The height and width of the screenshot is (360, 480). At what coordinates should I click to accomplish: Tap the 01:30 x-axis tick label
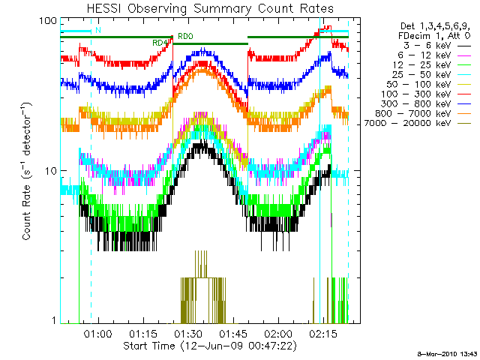click(x=189, y=334)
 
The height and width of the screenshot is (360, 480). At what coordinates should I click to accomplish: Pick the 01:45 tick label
click(x=234, y=334)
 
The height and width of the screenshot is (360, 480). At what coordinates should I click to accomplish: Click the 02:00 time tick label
click(x=279, y=334)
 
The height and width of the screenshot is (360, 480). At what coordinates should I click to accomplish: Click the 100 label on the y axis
click(x=49, y=20)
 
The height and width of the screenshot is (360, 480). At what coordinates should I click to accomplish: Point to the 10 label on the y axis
click(x=51, y=170)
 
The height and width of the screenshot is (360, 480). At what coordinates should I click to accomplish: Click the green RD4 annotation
click(x=159, y=43)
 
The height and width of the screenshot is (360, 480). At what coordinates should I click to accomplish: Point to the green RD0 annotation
click(x=184, y=36)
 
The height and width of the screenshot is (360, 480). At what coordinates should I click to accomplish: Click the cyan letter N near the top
click(x=98, y=30)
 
